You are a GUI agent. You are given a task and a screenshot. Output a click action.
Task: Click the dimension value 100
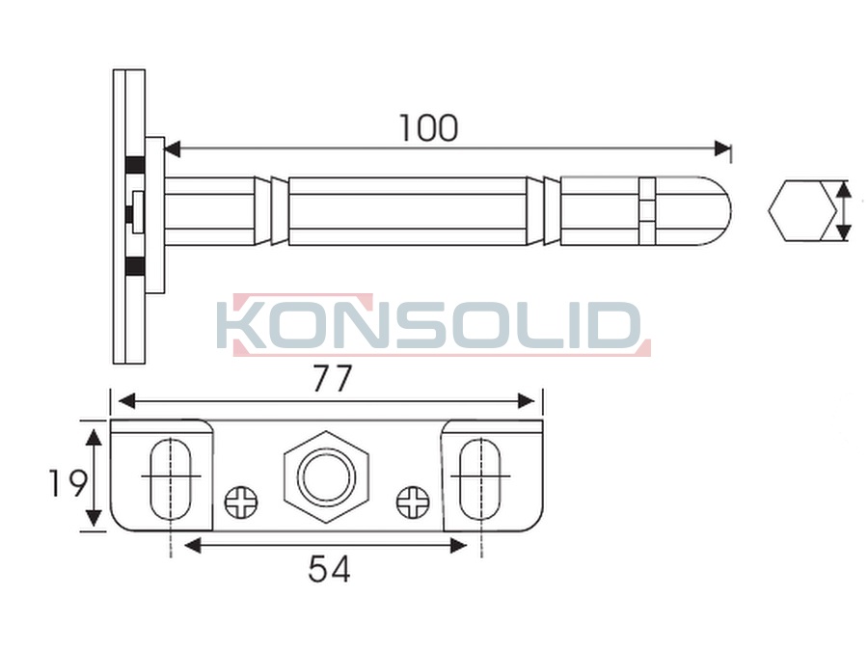click(x=428, y=128)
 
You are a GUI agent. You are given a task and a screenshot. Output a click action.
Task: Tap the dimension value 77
click(x=332, y=379)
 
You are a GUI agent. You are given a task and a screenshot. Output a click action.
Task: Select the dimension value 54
click(x=329, y=569)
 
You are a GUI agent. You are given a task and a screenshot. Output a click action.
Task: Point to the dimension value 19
click(x=67, y=483)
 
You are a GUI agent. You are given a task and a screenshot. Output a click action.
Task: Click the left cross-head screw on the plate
click(x=241, y=502)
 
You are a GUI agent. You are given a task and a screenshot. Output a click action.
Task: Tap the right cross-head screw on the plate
click(x=413, y=502)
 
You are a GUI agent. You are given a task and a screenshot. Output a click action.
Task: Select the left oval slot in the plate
click(x=171, y=479)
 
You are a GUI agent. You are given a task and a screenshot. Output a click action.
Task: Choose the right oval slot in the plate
click(x=480, y=479)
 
